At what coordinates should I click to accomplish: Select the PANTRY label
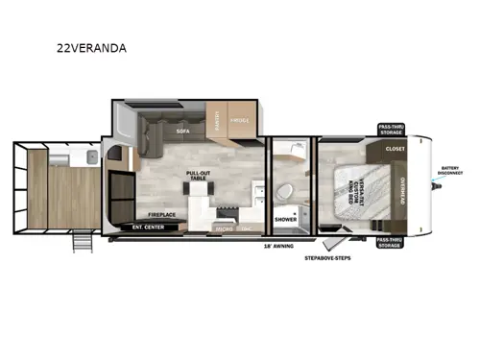click(219, 122)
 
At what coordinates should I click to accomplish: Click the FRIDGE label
click(241, 122)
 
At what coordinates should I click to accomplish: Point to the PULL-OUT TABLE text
click(199, 174)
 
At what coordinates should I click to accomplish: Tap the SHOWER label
click(285, 219)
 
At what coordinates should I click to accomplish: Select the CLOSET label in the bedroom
click(396, 150)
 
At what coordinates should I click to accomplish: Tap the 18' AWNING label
click(278, 246)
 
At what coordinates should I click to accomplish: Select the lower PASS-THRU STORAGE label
click(390, 243)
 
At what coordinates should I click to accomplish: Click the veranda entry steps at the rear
click(84, 243)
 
